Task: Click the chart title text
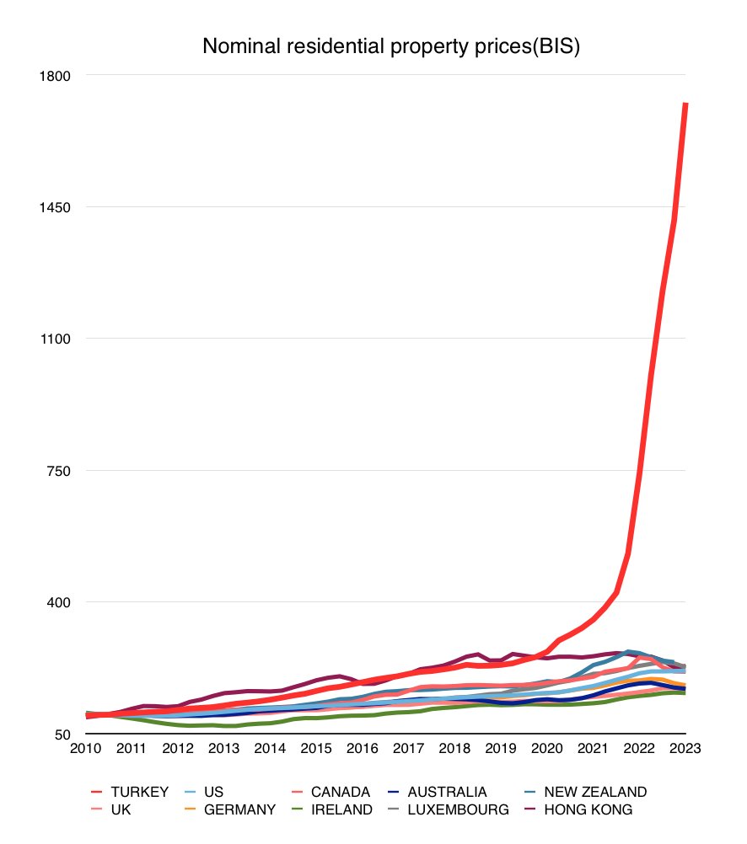pyautogui.click(x=391, y=47)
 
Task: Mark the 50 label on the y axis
pyautogui.click(x=64, y=734)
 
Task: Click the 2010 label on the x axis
pyautogui.click(x=86, y=749)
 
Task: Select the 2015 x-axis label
pyautogui.click(x=316, y=749)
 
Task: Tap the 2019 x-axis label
pyautogui.click(x=501, y=749)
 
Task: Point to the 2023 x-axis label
pyautogui.click(x=685, y=749)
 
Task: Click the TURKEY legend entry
pyautogui.click(x=140, y=792)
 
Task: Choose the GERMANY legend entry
pyautogui.click(x=239, y=810)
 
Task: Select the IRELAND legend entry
pyautogui.click(x=341, y=810)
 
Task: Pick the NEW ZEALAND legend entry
pyautogui.click(x=595, y=792)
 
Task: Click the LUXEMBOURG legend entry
pyautogui.click(x=458, y=810)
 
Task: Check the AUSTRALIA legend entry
pyautogui.click(x=447, y=792)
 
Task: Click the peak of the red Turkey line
pyautogui.click(x=686, y=104)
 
